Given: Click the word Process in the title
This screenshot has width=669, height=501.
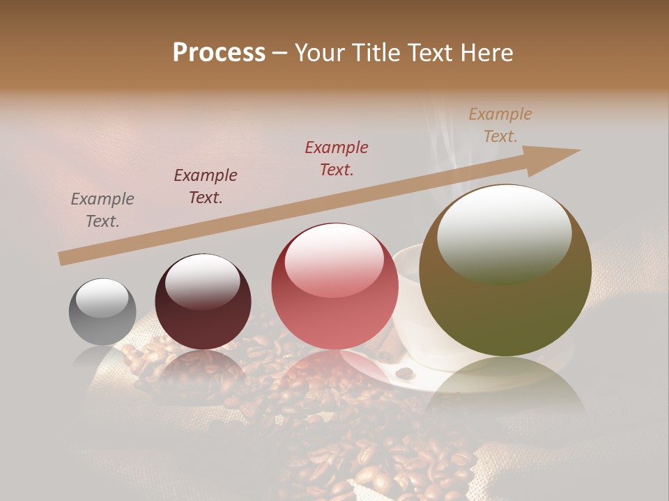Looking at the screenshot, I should tap(219, 53).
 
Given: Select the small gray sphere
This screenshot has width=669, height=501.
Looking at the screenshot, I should tap(102, 312).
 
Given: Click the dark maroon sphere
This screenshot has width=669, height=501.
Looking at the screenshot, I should tap(203, 302).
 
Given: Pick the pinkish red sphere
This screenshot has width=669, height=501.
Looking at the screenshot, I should tap(334, 286).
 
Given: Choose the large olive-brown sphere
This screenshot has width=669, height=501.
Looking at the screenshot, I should tap(505, 270).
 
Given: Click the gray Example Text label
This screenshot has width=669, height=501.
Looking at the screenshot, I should tap(102, 210).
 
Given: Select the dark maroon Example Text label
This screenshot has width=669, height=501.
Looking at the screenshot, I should tap(206, 186).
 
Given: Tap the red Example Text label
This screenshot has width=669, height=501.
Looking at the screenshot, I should tap(337, 159).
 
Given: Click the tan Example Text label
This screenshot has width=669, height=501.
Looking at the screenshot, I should tap(500, 125).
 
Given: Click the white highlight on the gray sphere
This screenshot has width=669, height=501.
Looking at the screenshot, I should tap(102, 298).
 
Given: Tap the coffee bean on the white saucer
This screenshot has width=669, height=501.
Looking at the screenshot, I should tap(405, 373).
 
